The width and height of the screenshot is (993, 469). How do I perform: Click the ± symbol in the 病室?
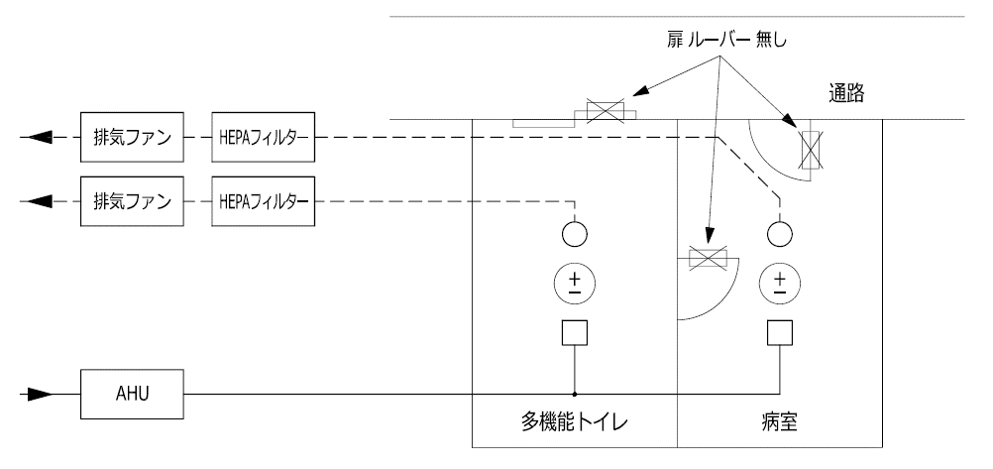(x=778, y=284)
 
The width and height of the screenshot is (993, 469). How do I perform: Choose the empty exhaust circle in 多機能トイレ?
(x=575, y=234)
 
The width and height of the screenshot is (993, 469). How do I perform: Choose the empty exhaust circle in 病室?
(x=778, y=234)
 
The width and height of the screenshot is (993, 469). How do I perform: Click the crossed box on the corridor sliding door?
(x=606, y=111)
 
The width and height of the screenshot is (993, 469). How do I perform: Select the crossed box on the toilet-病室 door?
(x=708, y=259)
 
